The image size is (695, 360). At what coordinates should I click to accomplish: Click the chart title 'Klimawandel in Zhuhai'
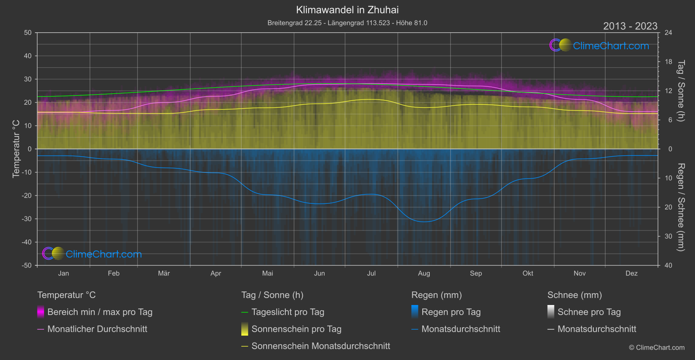click(347, 10)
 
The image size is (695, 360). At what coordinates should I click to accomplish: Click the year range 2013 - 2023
click(630, 26)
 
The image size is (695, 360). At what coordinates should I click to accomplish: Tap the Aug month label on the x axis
click(424, 274)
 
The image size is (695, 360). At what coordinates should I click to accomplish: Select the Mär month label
click(164, 274)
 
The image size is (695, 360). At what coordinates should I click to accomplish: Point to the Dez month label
click(631, 274)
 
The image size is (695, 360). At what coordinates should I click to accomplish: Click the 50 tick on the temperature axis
click(28, 33)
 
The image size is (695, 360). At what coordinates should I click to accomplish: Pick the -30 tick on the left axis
click(27, 219)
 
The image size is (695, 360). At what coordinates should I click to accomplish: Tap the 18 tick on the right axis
click(668, 62)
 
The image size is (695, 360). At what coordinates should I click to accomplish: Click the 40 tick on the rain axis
click(668, 265)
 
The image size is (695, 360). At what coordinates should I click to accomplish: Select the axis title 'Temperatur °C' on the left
click(16, 149)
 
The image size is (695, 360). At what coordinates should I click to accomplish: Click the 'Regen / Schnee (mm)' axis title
click(681, 207)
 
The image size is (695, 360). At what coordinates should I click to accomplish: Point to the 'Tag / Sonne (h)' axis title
click(681, 91)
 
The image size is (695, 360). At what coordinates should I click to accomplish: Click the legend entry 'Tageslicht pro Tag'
click(288, 312)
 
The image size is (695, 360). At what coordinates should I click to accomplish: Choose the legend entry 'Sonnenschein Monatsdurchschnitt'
click(321, 346)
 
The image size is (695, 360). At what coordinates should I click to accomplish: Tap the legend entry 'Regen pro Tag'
click(451, 312)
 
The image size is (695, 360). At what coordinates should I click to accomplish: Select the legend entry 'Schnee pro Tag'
click(589, 312)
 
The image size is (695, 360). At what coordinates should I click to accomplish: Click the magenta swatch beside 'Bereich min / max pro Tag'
click(41, 312)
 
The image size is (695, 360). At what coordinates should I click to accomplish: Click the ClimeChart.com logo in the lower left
click(92, 254)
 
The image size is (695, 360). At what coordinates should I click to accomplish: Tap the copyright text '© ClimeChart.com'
click(657, 348)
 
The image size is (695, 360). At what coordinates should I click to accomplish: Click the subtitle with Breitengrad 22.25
click(347, 23)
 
